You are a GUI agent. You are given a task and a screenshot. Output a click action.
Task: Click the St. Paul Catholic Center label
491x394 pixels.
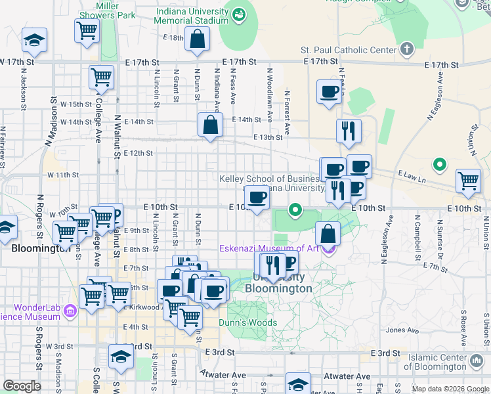click(x=349, y=50)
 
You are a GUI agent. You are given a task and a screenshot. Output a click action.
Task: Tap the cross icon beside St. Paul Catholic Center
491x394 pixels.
click(x=407, y=49)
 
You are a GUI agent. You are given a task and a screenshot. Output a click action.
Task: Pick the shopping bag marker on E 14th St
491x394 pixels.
click(x=209, y=125)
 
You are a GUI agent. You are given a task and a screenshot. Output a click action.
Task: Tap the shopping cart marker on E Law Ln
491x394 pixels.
click(x=467, y=181)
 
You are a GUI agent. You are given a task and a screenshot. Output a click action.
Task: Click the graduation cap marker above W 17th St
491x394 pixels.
click(x=34, y=41)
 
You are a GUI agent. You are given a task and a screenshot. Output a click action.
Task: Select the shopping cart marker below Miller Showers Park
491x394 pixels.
click(x=87, y=31)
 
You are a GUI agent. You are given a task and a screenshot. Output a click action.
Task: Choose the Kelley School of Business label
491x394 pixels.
click(x=270, y=179)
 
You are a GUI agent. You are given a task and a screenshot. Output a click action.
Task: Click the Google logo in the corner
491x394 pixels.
click(x=22, y=386)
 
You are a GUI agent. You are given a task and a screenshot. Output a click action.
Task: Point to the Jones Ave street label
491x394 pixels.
click(x=402, y=330)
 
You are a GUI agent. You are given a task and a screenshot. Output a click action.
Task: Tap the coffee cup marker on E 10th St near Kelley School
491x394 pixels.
click(x=257, y=197)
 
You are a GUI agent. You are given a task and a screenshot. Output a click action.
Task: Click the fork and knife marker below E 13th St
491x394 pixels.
click(x=349, y=131)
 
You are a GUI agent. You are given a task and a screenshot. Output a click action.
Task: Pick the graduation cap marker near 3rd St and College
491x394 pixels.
click(x=121, y=357)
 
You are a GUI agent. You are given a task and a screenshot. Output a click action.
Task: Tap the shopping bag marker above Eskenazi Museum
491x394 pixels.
click(x=328, y=233)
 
